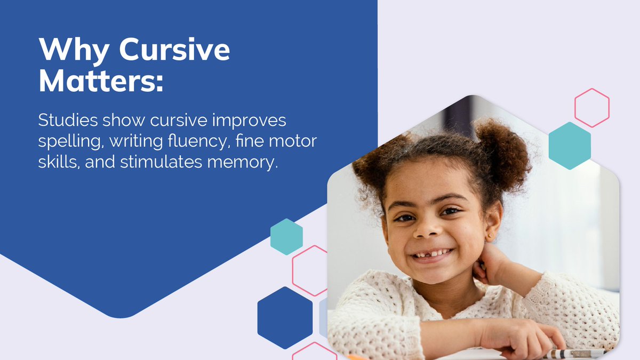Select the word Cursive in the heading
(x=174, y=51)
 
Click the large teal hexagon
(x=570, y=146)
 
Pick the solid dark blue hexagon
(x=285, y=317)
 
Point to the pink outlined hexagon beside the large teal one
(x=591, y=108)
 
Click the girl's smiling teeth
(x=434, y=253)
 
